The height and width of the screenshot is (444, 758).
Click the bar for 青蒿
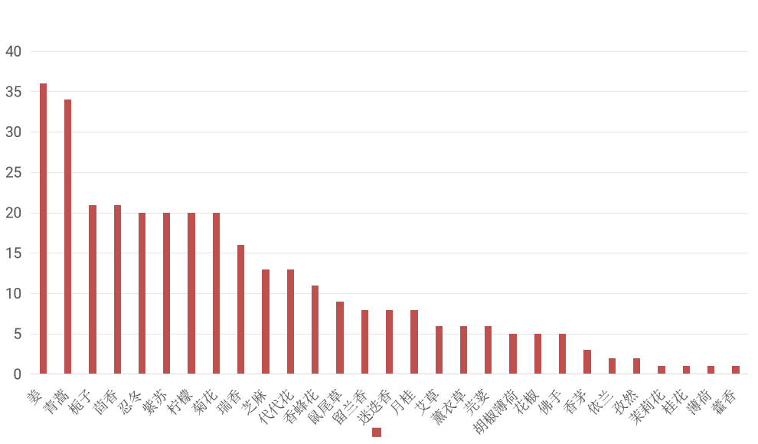(67, 237)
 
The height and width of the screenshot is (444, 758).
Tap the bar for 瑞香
(240, 309)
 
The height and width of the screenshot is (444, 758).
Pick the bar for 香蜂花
(315, 330)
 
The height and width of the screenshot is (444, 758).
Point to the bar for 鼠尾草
(339, 338)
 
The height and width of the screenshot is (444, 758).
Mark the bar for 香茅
(586, 362)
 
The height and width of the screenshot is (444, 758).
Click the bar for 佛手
(562, 354)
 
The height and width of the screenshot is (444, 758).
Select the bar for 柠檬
(191, 293)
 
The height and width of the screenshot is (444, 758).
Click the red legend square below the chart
(376, 432)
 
